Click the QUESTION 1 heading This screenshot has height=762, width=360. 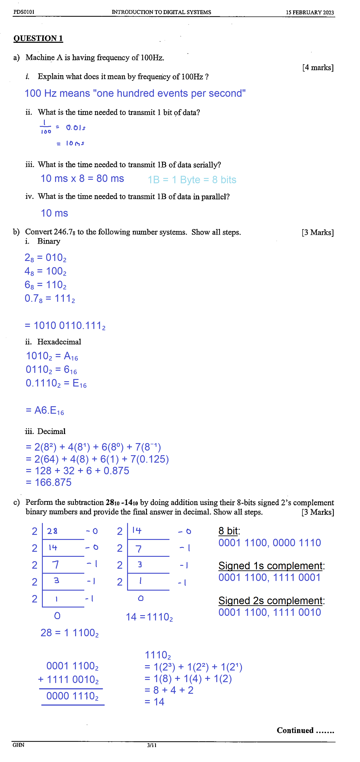point(38,38)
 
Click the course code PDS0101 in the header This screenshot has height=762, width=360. point(24,12)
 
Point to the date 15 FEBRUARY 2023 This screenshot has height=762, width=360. point(310,13)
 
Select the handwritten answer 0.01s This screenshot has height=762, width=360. point(76,128)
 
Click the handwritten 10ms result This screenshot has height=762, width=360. point(75,144)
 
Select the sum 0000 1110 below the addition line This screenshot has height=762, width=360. point(72,696)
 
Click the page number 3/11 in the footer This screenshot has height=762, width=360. point(152,745)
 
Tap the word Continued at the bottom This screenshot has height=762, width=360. point(295,730)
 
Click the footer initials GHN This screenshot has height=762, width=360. point(18,745)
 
